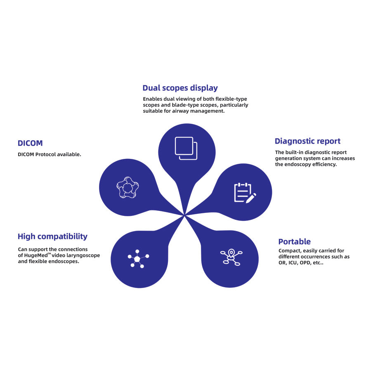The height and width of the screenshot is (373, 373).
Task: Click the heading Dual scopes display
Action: tap(180, 88)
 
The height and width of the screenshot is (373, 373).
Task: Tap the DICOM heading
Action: tap(30, 143)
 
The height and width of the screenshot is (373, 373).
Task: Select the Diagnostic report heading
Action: tap(307, 141)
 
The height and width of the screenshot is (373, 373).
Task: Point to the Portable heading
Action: tap(294, 242)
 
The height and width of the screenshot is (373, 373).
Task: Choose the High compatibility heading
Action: tap(52, 236)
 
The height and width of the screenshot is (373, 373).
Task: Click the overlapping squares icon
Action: tap(186, 148)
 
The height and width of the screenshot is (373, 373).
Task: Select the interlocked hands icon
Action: tap(127, 188)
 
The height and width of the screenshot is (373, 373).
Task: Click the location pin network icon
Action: tap(231, 257)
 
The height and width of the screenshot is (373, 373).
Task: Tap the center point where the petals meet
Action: tap(184, 215)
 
